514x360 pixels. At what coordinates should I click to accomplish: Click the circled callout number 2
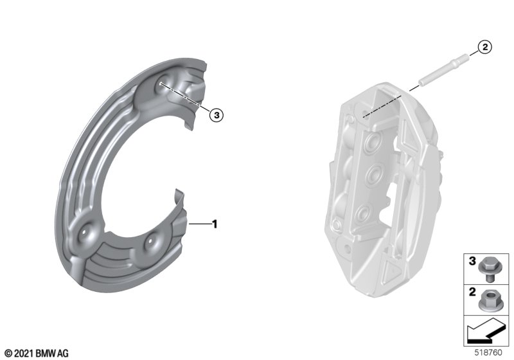click(x=485, y=47)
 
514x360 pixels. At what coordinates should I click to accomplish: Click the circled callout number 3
click(x=217, y=115)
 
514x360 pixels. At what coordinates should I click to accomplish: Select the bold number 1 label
click(x=215, y=224)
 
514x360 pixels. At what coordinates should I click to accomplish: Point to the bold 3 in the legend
click(x=472, y=261)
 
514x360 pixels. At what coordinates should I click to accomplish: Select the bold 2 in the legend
click(x=472, y=292)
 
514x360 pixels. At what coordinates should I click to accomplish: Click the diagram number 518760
click(x=488, y=353)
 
